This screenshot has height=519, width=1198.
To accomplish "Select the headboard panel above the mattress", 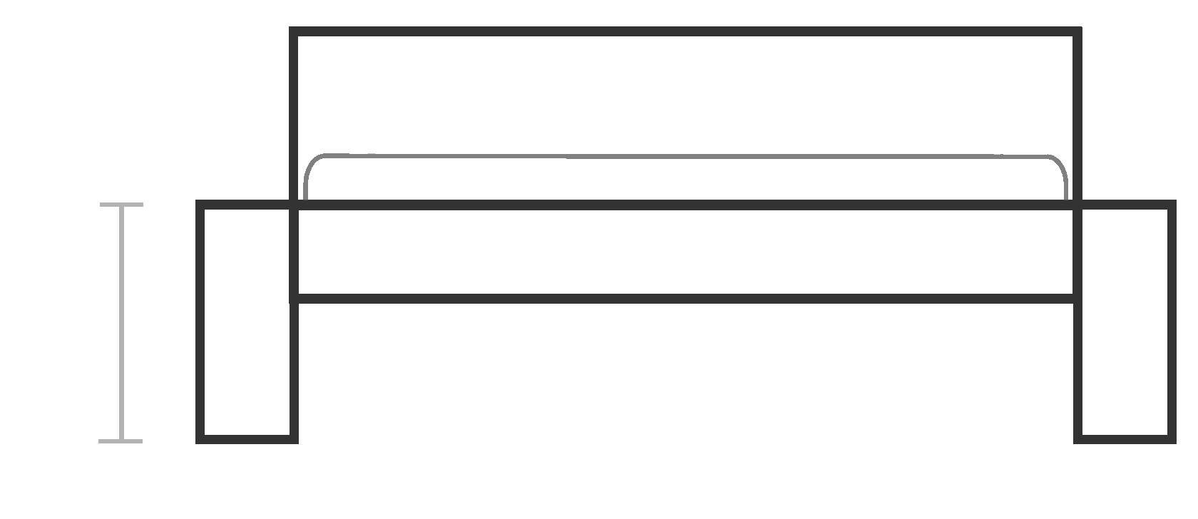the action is click(x=685, y=93).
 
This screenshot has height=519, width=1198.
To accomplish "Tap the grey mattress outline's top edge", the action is click(x=685, y=156).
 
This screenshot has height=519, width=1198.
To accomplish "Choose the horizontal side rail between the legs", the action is click(x=685, y=252).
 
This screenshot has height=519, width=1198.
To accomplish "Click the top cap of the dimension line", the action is click(x=121, y=205).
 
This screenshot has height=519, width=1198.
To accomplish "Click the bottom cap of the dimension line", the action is click(x=121, y=441).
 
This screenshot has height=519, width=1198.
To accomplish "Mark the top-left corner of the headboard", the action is click(x=293, y=31).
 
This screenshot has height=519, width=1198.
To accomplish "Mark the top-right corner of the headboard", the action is click(x=1078, y=31).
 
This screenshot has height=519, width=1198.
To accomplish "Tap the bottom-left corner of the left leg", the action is click(x=200, y=439).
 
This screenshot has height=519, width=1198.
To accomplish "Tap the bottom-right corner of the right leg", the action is click(x=1172, y=439).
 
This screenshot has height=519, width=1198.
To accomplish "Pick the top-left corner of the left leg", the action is click(x=200, y=205).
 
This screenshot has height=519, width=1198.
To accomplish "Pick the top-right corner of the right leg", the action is click(x=1172, y=205).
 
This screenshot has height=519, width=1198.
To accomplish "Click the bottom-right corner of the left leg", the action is click(x=294, y=439).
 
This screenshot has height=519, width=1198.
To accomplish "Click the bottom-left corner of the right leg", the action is click(x=1078, y=439).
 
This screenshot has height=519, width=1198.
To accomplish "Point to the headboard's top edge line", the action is click(x=685, y=31).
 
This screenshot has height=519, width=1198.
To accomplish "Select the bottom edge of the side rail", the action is click(x=685, y=299).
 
